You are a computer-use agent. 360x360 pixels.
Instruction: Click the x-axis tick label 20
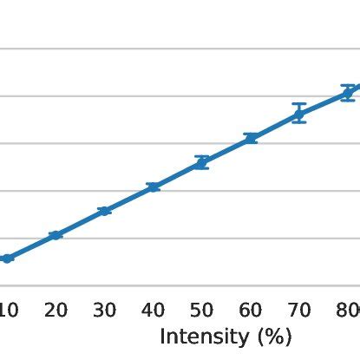[56, 311]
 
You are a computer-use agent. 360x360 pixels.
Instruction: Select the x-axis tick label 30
[104, 311]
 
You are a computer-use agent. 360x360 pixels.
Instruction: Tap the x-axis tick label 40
[154, 311]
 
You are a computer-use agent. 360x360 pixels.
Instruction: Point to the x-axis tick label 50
[202, 311]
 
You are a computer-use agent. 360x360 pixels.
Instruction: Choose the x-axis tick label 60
[251, 311]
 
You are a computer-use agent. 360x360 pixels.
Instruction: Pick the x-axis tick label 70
[299, 311]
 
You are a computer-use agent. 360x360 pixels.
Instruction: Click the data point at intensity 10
[7, 259]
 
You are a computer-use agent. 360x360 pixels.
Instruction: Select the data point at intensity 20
[56, 235]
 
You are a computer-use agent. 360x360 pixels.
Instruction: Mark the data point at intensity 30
[104, 211]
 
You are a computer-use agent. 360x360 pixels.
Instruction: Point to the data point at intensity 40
[154, 187]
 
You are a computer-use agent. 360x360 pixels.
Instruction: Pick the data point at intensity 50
[202, 162]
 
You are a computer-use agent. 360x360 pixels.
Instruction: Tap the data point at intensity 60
[251, 138]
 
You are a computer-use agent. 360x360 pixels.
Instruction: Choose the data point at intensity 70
[299, 114]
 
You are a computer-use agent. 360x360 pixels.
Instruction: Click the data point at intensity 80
[348, 93]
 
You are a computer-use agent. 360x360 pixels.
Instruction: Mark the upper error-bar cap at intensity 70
[299, 104]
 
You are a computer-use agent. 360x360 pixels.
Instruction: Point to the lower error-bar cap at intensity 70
[299, 122]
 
